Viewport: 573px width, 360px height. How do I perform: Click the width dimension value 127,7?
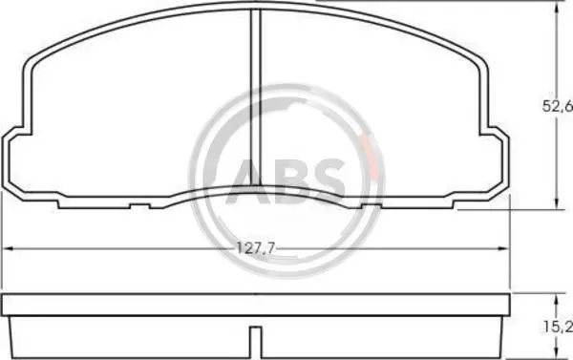pyautogui.click(x=255, y=248)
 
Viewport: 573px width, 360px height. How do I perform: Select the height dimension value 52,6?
pyautogui.click(x=558, y=106)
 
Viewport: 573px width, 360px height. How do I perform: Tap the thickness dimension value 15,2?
pyautogui.click(x=558, y=328)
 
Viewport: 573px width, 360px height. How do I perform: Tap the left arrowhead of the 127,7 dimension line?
pyautogui.click(x=8, y=249)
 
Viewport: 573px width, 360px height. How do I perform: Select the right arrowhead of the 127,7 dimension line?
pyautogui.click(x=504, y=249)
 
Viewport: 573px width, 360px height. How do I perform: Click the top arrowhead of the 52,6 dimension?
pyautogui.click(x=557, y=8)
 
